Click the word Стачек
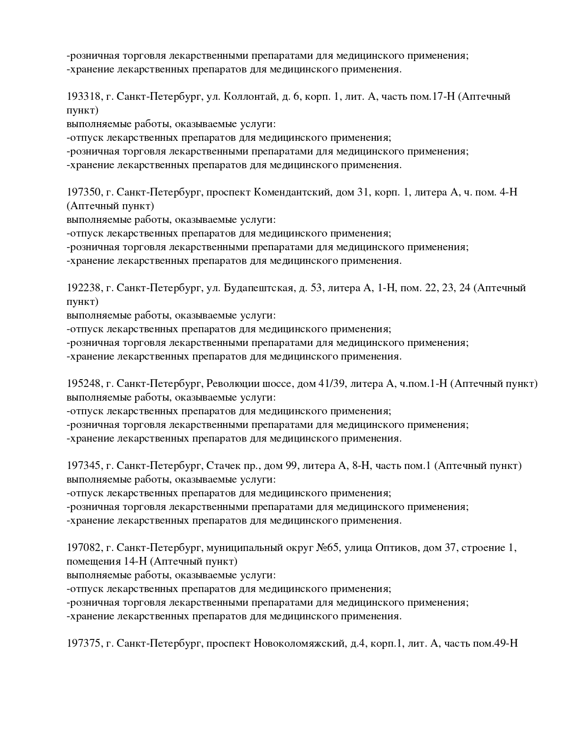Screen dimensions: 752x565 tap(222, 466)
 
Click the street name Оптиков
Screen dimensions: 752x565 tap(397, 548)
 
